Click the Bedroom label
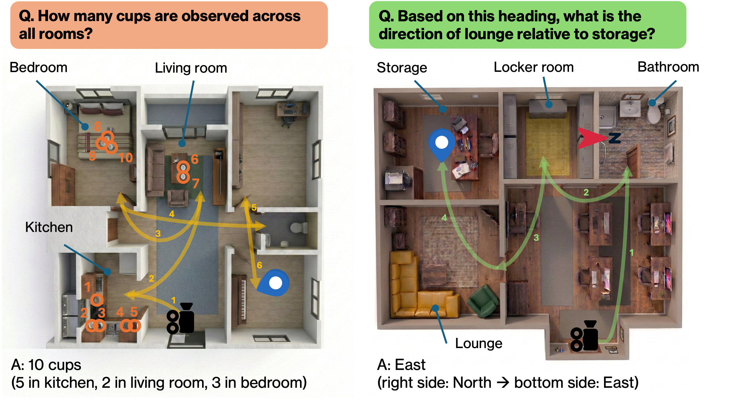click(38, 68)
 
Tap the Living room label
click(191, 68)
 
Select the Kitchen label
click(49, 227)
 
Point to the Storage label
click(402, 68)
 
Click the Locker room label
click(534, 68)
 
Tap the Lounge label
click(479, 343)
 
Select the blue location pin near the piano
click(274, 283)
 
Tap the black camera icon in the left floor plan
click(181, 318)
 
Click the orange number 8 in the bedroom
click(97, 126)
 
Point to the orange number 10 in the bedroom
click(125, 158)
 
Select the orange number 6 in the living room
click(195, 159)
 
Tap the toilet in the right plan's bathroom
click(654, 114)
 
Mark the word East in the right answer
click(410, 365)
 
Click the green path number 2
click(586, 193)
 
